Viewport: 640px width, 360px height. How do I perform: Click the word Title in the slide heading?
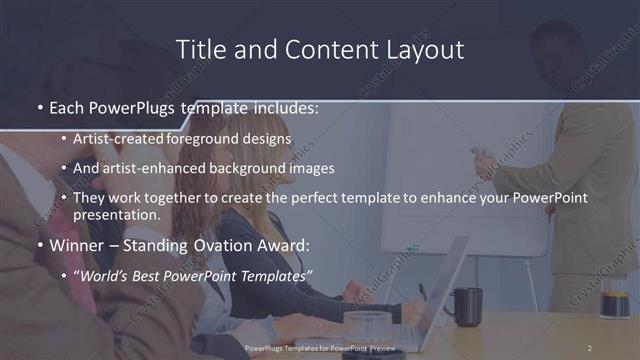tap(198, 49)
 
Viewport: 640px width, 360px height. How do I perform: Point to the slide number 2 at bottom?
tap(589, 348)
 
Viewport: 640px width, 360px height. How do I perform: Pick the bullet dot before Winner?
tap(39, 246)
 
